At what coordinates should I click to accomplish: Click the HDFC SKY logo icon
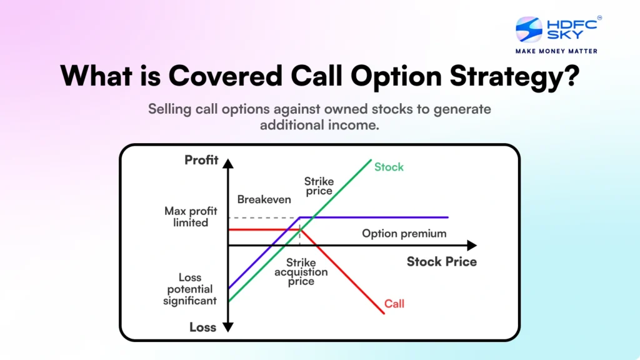(529, 29)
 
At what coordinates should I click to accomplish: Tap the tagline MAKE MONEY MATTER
(556, 51)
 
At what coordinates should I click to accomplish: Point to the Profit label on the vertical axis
(201, 160)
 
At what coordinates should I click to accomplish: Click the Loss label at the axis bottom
(202, 327)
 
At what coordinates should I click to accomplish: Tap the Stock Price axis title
(441, 261)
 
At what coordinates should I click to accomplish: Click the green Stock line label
(389, 167)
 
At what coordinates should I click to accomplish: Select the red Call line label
(394, 304)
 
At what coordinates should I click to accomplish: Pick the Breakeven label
(264, 199)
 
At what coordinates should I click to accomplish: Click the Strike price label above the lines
(319, 186)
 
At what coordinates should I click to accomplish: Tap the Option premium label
(404, 233)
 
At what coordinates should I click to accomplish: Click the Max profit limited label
(191, 217)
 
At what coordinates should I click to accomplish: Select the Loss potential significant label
(189, 289)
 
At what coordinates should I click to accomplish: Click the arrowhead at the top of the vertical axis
(228, 164)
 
